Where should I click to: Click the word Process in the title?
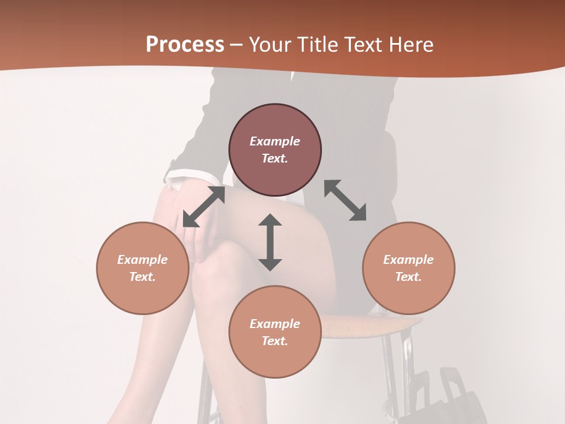click(x=185, y=45)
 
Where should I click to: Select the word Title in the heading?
click(x=317, y=45)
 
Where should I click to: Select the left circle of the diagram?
click(x=142, y=268)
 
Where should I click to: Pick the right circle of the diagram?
click(x=408, y=268)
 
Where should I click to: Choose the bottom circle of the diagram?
click(x=275, y=332)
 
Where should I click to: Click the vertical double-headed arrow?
click(x=270, y=242)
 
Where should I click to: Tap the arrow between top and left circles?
click(x=204, y=207)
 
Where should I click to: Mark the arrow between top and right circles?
click(x=345, y=200)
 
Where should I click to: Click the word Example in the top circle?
click(x=275, y=141)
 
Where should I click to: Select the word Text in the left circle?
click(x=142, y=277)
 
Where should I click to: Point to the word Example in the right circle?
click(x=408, y=260)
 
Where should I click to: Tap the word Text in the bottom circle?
click(x=275, y=341)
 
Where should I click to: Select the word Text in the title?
click(x=362, y=45)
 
